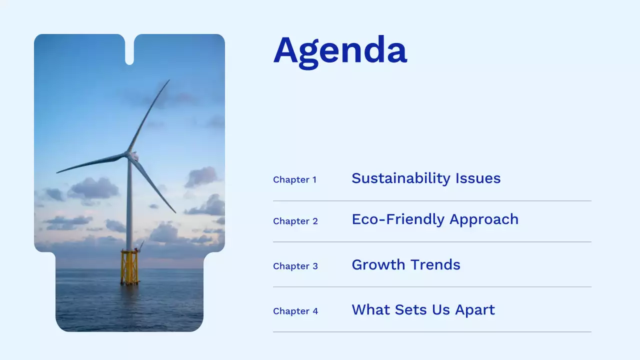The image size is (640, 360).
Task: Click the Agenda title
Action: (x=340, y=52)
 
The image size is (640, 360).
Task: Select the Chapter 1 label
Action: (x=295, y=179)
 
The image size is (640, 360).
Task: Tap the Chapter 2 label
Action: (x=295, y=221)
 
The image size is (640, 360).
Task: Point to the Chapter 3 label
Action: (x=295, y=266)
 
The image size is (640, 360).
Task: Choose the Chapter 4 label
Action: (x=295, y=311)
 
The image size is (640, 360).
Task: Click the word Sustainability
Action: (x=401, y=179)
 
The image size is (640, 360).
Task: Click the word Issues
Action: (x=478, y=178)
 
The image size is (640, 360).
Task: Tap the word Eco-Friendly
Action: (x=398, y=219)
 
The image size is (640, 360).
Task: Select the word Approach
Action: (x=484, y=219)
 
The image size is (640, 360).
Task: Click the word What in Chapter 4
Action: (x=371, y=309)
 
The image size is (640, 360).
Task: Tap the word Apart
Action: (x=475, y=310)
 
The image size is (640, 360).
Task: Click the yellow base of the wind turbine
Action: (x=129, y=267)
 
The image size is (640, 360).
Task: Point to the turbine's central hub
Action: (x=132, y=156)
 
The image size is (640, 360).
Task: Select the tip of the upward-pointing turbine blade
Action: (x=169, y=80)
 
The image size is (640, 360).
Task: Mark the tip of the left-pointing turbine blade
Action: (x=57, y=172)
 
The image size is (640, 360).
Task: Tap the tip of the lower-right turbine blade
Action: (x=175, y=212)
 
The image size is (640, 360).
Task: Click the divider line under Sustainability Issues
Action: (x=432, y=201)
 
